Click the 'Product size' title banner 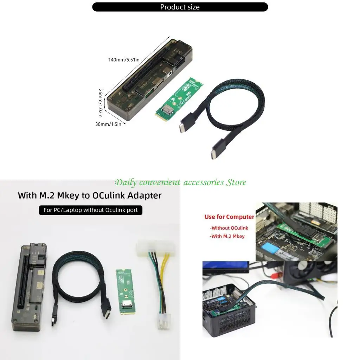[180, 7]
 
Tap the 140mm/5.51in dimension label [123, 60]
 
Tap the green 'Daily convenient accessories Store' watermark [180, 182]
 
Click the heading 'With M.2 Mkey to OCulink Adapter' [90, 195]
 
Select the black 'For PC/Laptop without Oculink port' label [90, 210]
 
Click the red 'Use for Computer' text [229, 217]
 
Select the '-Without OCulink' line [229, 228]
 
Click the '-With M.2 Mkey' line [227, 236]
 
